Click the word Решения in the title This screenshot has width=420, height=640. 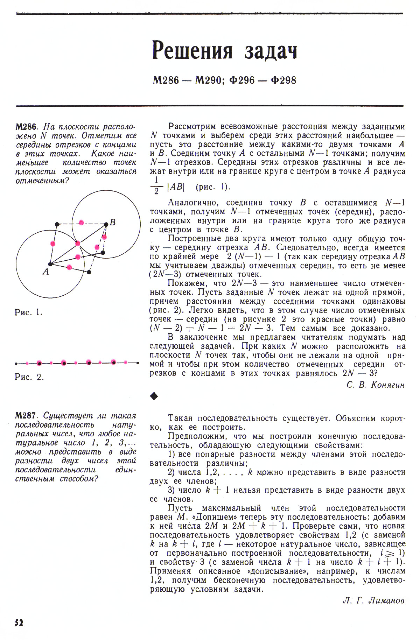(192, 51)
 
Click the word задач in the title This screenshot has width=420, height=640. (271, 51)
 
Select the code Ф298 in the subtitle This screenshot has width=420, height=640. (283, 80)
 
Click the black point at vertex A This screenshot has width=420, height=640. (50, 264)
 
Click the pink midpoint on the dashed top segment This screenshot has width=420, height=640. (82, 223)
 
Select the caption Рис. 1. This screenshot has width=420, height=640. (29, 312)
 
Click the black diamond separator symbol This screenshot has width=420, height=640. (154, 396)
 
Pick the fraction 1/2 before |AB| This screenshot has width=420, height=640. (156, 186)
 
